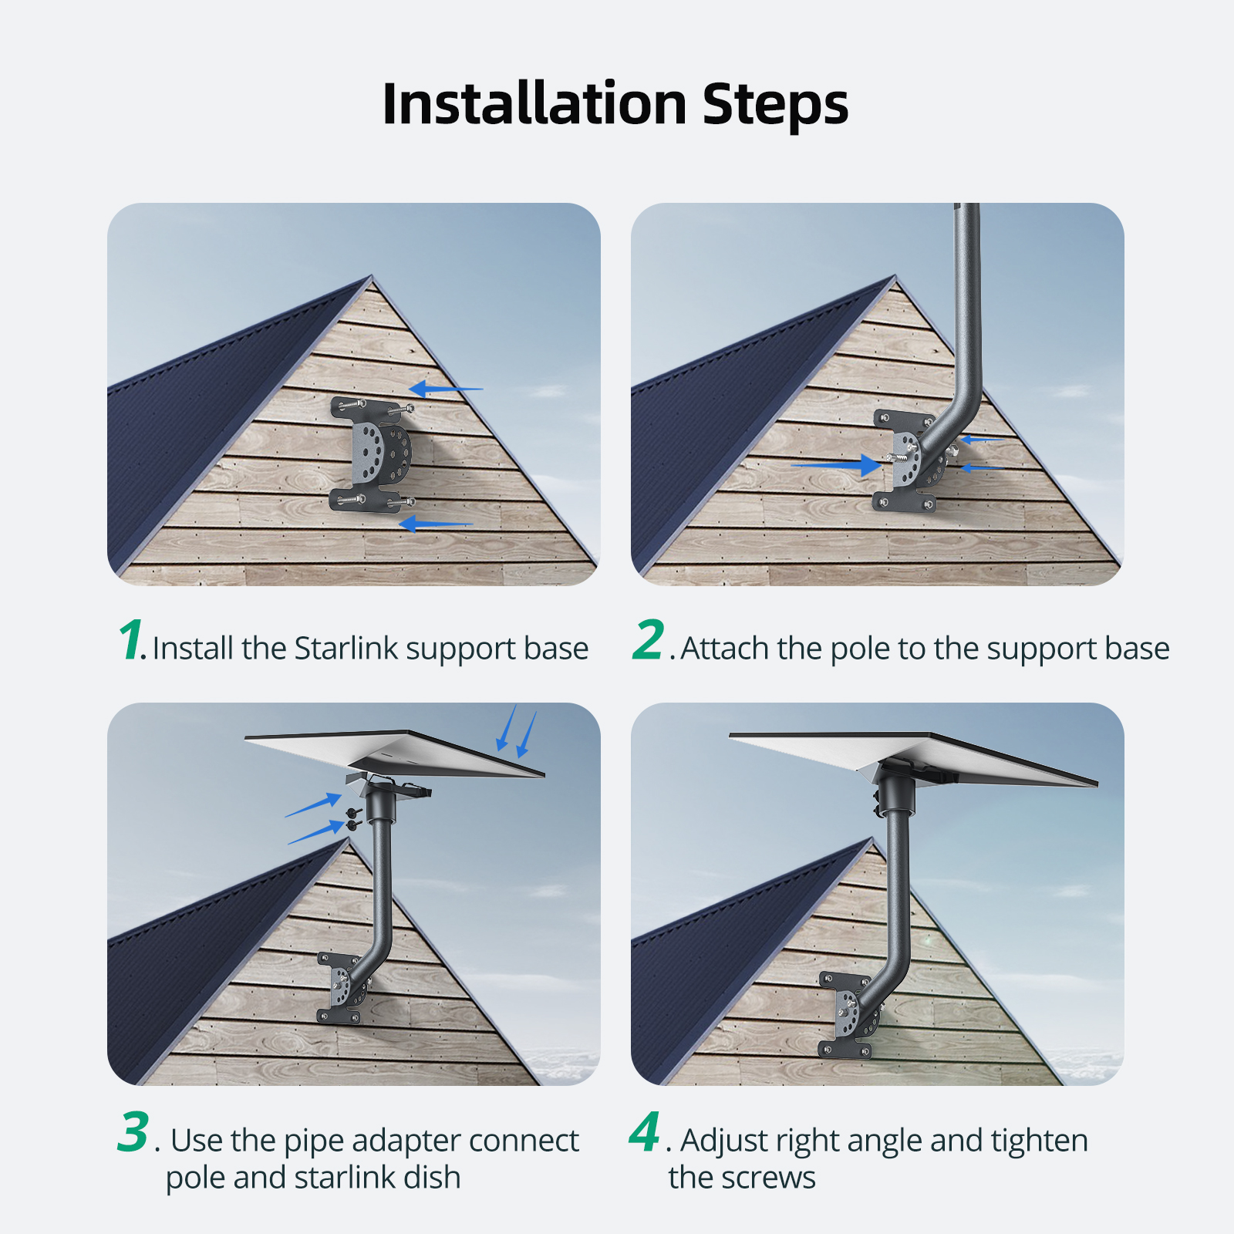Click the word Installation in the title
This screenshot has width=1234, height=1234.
(x=534, y=103)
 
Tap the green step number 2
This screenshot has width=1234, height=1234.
(x=649, y=639)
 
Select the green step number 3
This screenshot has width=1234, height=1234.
(x=133, y=1131)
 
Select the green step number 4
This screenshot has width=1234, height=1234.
(x=645, y=1131)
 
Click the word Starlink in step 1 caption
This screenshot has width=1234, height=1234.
(x=346, y=648)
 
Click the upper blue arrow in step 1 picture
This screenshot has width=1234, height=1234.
(x=446, y=389)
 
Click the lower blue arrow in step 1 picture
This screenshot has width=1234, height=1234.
(x=436, y=524)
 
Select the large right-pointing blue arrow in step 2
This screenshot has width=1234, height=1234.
(x=837, y=465)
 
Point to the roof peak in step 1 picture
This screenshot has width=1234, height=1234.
(x=372, y=277)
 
